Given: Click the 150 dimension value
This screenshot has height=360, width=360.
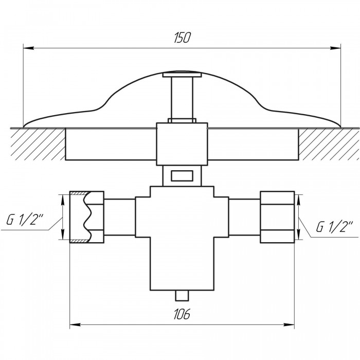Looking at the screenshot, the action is [x=182, y=38].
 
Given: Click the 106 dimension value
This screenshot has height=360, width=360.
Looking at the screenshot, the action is [x=182, y=314].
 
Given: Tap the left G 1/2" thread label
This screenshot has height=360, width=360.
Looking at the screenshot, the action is [x=25, y=221].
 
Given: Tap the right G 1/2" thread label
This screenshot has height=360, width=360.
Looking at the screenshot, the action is [x=334, y=227].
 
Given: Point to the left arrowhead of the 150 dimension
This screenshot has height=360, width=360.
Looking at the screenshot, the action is [x=29, y=48].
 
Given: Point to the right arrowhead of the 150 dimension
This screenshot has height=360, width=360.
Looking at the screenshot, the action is [x=335, y=48].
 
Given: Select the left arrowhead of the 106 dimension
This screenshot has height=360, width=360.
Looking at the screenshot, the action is [x=75, y=325].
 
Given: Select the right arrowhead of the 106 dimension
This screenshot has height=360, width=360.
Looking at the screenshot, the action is [x=289, y=325].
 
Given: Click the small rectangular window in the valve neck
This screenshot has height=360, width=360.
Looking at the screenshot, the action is [x=182, y=176].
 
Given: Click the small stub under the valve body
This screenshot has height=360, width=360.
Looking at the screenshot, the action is [x=182, y=296].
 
